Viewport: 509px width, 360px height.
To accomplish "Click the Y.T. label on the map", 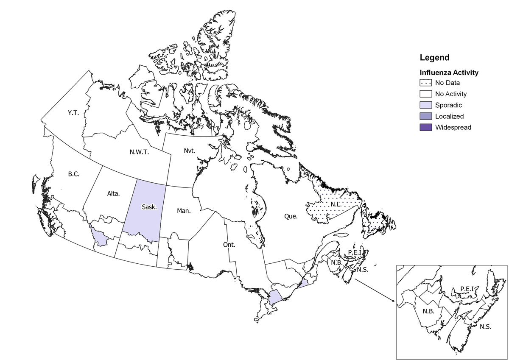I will pyautogui.click(x=73, y=113).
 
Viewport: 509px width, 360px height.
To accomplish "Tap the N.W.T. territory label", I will pyautogui.click(x=140, y=152).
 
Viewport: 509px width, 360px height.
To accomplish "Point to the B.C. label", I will pyautogui.click(x=74, y=173).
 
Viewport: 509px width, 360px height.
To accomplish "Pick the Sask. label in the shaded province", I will pyautogui.click(x=149, y=207).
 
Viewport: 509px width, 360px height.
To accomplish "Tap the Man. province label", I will pyautogui.click(x=184, y=210).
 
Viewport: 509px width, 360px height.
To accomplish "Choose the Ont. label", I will pyautogui.click(x=229, y=245).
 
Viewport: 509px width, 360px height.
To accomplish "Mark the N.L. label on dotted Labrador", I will pyautogui.click(x=337, y=204).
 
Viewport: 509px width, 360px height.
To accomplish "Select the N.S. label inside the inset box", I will pyautogui.click(x=486, y=327).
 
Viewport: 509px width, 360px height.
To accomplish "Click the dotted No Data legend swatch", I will pyautogui.click(x=425, y=83).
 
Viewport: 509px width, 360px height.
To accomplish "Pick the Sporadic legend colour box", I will pyautogui.click(x=425, y=105).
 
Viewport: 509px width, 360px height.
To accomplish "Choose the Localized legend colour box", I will pyautogui.click(x=425, y=116).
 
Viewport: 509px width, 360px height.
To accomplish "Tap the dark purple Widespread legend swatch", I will pyautogui.click(x=425, y=127).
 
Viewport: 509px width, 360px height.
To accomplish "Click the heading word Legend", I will pyautogui.click(x=434, y=58).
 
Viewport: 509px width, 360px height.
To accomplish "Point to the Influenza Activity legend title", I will pyautogui.click(x=449, y=73).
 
